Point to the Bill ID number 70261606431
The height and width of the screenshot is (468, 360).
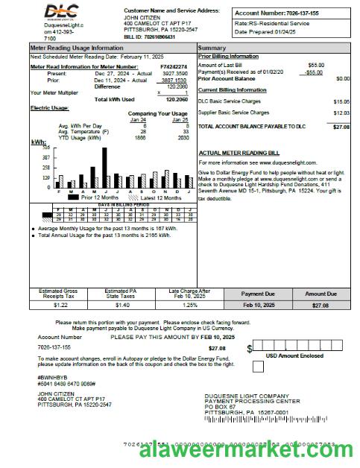coord(154,37)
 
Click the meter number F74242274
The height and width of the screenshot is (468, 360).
coord(174,67)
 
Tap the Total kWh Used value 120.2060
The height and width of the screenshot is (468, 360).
coord(175,99)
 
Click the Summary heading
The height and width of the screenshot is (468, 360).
coord(212,48)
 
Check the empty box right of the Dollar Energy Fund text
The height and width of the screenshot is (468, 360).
coord(257,366)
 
